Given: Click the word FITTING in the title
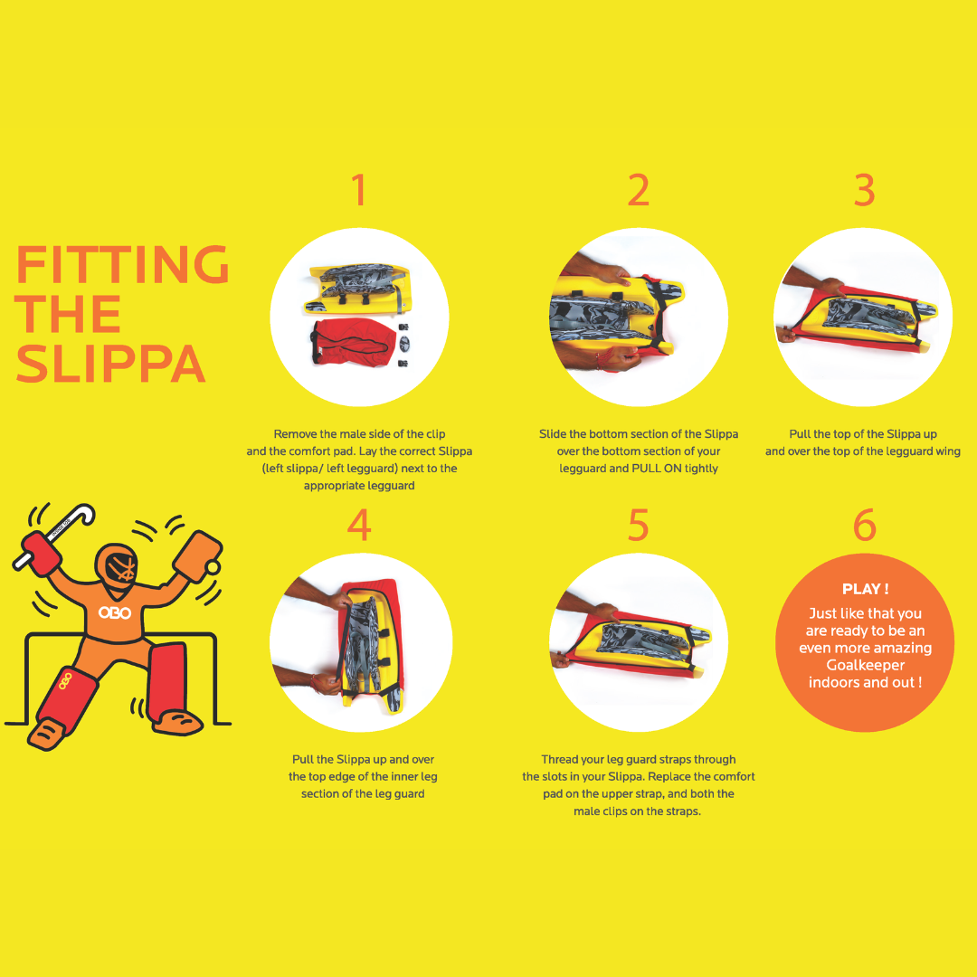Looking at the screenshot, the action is (123, 264).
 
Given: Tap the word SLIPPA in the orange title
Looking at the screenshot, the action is (110, 364).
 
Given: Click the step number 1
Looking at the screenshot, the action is (358, 189).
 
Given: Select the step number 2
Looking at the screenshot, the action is (638, 189).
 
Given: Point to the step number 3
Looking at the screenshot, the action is (864, 189).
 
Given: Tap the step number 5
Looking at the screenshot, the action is (638, 525).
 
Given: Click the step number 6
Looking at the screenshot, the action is (865, 525).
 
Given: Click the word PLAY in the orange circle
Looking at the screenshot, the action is (860, 589).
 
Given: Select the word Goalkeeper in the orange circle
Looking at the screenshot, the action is (865, 665).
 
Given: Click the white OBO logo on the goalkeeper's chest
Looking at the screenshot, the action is (115, 613).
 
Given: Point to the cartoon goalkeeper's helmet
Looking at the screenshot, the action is (118, 567).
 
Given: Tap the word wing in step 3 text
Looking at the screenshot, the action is (948, 451).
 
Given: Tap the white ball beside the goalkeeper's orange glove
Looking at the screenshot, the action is (213, 567).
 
